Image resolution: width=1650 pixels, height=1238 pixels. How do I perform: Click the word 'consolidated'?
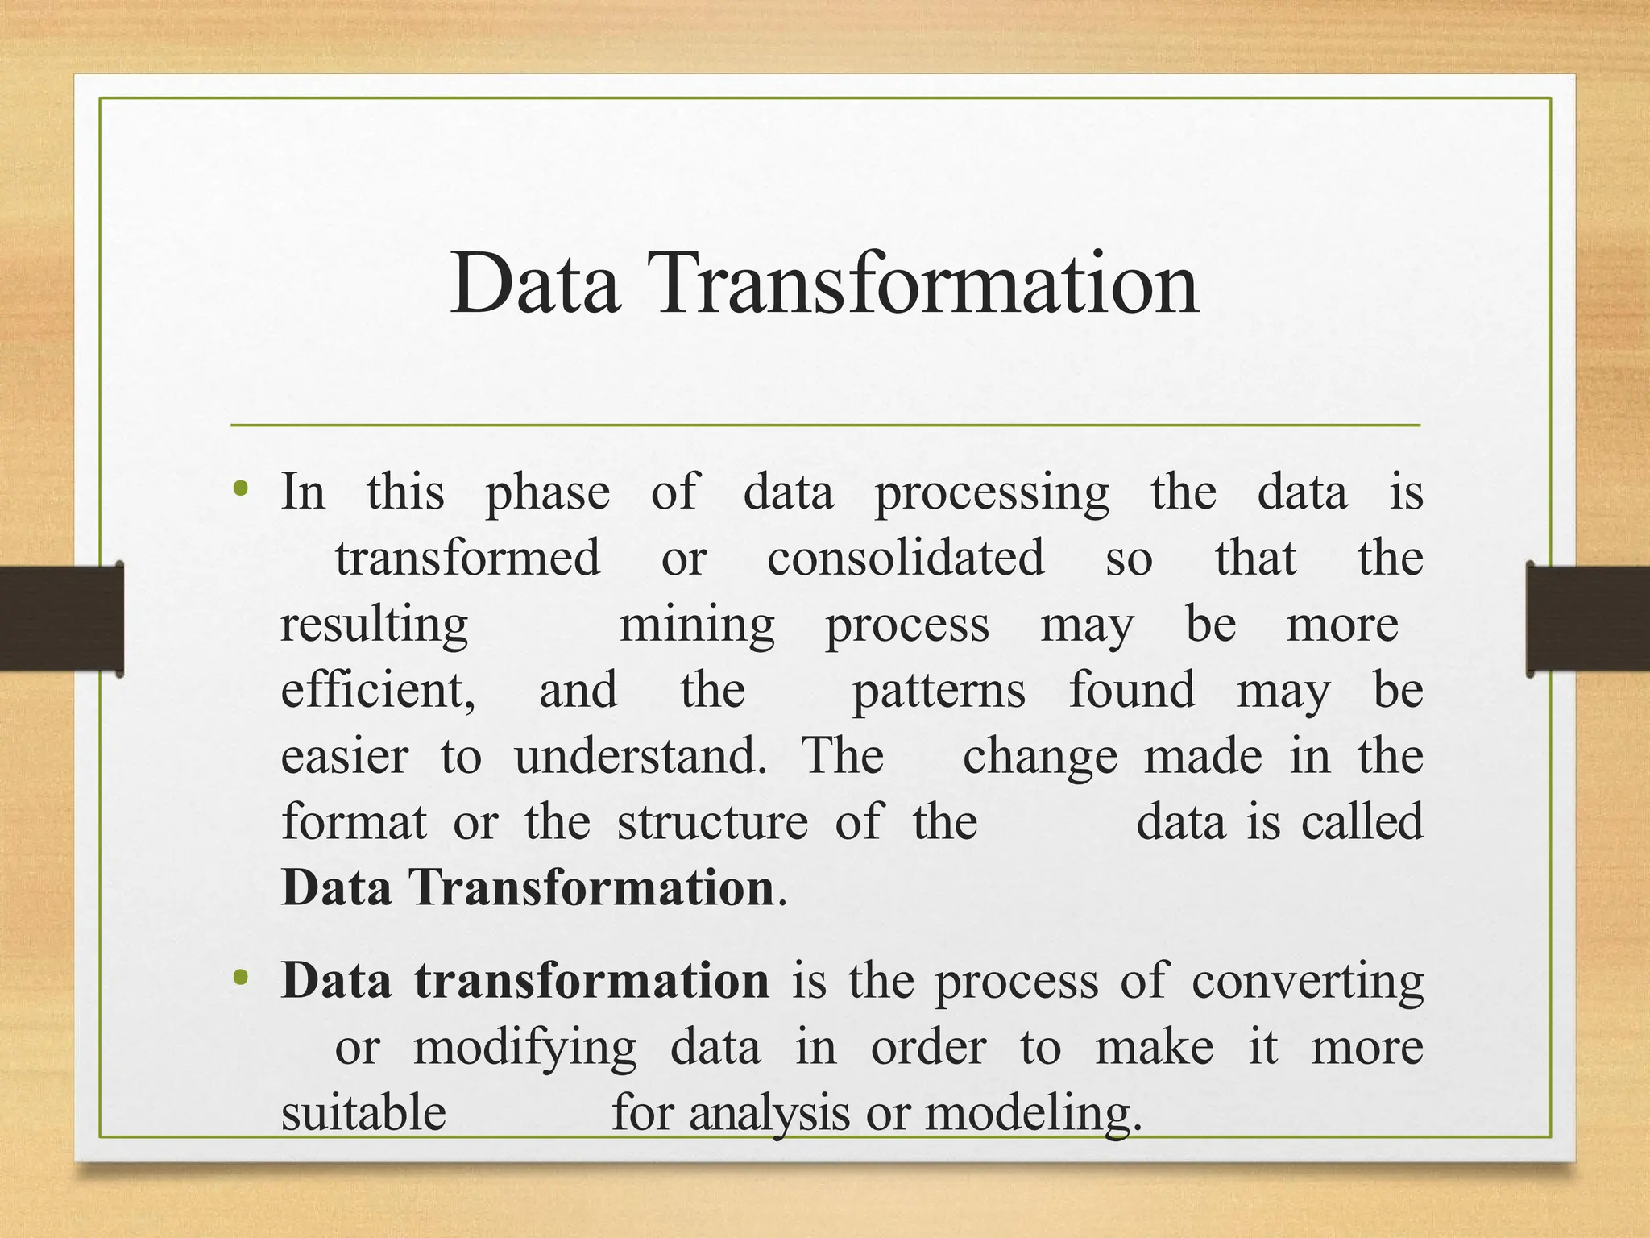tap(906, 559)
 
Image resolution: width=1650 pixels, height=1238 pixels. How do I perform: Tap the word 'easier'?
tap(345, 757)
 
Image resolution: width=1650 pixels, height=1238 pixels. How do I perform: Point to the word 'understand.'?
tap(641, 757)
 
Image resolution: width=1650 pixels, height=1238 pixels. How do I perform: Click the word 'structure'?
tap(712, 823)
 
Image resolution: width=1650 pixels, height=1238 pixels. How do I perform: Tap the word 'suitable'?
tap(363, 1113)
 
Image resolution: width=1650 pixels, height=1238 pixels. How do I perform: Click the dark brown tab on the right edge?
tap(1587, 619)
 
